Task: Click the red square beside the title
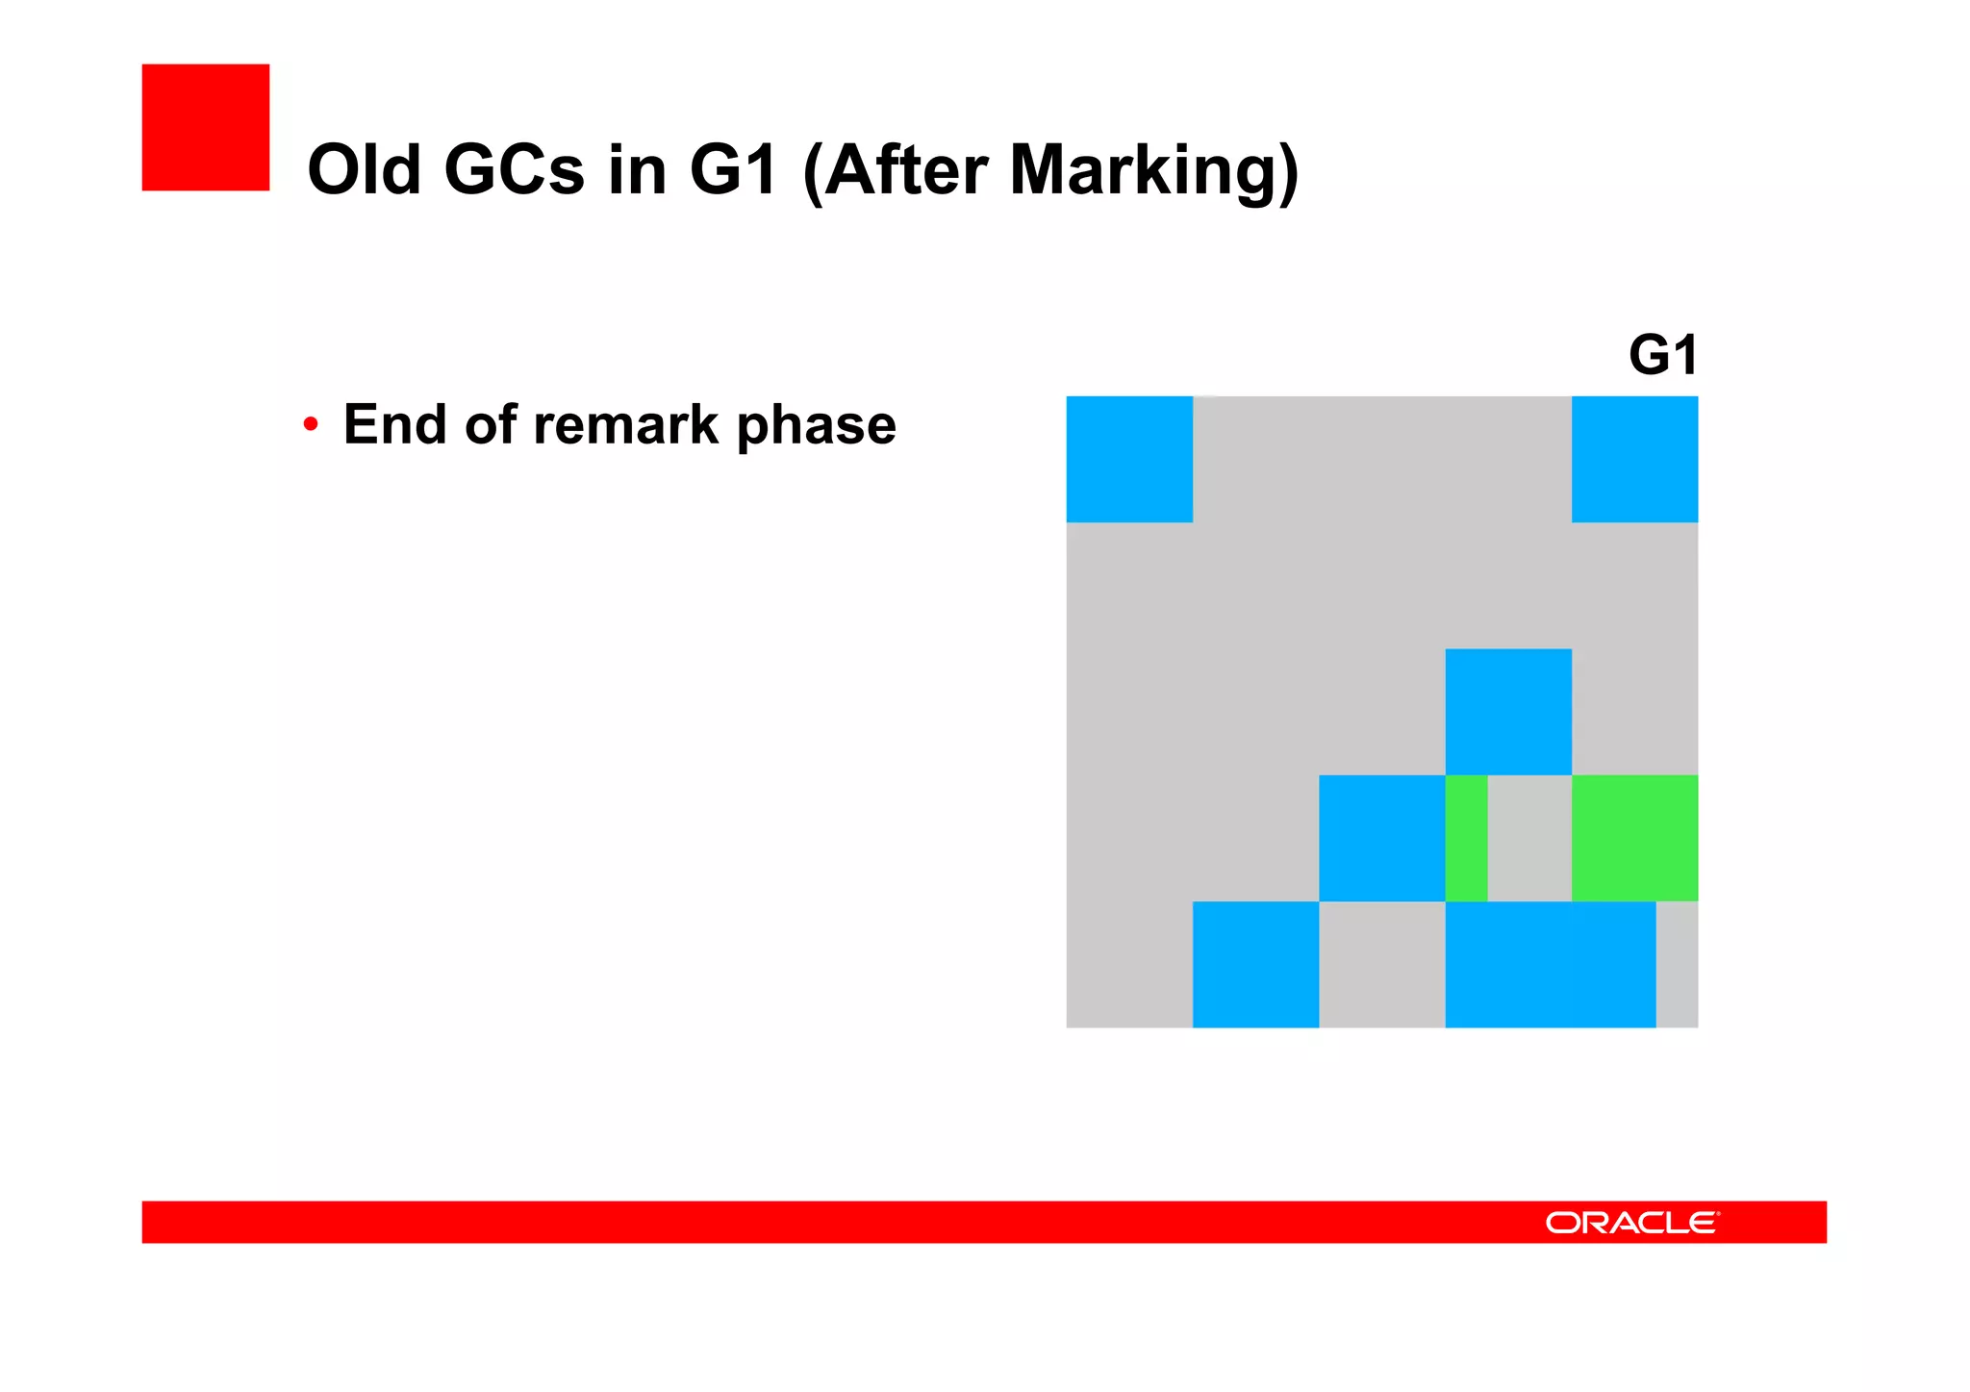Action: pyautogui.click(x=205, y=127)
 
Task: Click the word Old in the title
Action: pyautogui.click(x=364, y=170)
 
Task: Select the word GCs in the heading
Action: pyautogui.click(x=514, y=170)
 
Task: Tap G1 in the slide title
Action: pyautogui.click(x=733, y=170)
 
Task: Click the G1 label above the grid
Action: pyautogui.click(x=1662, y=355)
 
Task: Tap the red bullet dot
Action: pyautogui.click(x=310, y=424)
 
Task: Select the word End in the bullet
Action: pyautogui.click(x=394, y=424)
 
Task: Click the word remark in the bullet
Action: pyautogui.click(x=626, y=424)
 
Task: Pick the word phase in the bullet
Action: pyautogui.click(x=816, y=426)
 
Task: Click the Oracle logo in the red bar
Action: pyautogui.click(x=1631, y=1222)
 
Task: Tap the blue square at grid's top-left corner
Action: pyautogui.click(x=1129, y=459)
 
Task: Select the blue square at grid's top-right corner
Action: pyautogui.click(x=1634, y=459)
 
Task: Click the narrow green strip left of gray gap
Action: pyautogui.click(x=1466, y=838)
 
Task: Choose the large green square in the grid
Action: pyautogui.click(x=1634, y=838)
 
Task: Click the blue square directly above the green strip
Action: pyautogui.click(x=1508, y=712)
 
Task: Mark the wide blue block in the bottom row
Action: pyautogui.click(x=1550, y=964)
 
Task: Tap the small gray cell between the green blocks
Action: pyautogui.click(x=1529, y=838)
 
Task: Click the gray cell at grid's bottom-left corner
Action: pyautogui.click(x=1129, y=964)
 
